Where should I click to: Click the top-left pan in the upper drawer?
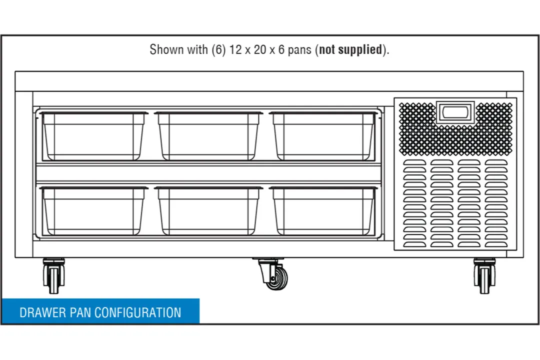(93, 136)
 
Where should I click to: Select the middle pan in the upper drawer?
(208, 136)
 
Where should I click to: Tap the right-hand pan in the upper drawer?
(323, 136)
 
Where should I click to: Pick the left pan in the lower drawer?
(93, 211)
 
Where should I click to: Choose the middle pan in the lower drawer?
(208, 211)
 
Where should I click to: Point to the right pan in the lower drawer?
(323, 211)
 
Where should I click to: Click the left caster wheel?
(53, 275)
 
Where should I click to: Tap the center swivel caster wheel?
(274, 274)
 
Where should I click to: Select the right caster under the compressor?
(484, 275)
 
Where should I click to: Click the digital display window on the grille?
(455, 112)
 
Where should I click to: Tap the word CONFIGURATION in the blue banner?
(138, 313)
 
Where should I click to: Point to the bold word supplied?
(360, 50)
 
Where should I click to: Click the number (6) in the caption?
(218, 50)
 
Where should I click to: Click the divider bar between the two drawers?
(208, 173)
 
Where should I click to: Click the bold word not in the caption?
(327, 50)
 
